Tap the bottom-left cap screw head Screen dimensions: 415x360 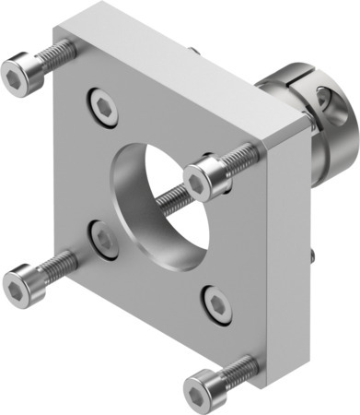click(23, 285)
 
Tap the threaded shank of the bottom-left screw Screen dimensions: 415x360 click(59, 267)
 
